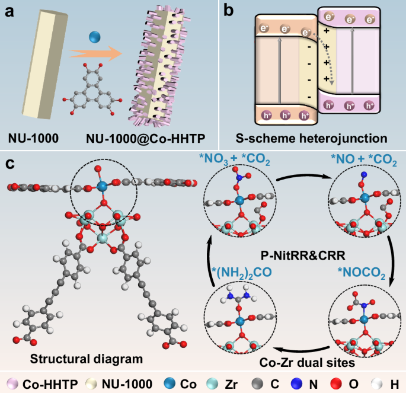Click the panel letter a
point(11,11)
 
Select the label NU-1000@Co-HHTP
point(145,139)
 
